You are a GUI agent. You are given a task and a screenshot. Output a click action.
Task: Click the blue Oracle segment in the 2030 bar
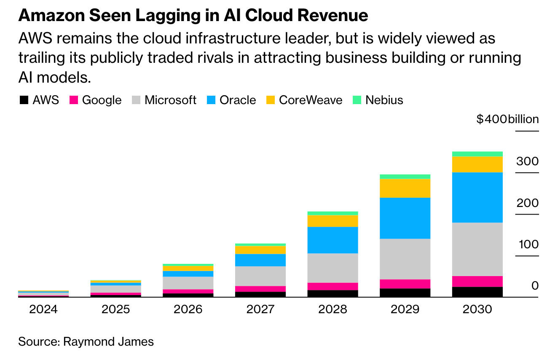pos(477,197)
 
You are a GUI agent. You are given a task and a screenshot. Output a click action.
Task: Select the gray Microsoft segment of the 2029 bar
pos(405,259)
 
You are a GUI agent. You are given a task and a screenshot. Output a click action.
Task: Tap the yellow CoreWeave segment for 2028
pos(333,221)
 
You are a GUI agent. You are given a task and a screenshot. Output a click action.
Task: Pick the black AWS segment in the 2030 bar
pos(477,292)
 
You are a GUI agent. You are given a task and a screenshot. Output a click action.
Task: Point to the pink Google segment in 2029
pos(405,284)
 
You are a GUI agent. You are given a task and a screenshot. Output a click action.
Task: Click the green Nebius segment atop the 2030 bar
pos(477,154)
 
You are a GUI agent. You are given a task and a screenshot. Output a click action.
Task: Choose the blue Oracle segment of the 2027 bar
pos(260,260)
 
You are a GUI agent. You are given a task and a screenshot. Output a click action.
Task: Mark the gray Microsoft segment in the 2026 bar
pos(188,283)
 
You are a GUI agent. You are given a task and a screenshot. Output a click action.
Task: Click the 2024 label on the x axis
pos(43,309)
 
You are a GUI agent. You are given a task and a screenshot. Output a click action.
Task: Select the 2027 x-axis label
pos(260,309)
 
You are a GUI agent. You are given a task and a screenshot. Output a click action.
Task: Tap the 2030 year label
pos(477,309)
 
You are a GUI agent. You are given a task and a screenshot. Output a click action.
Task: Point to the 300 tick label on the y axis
pos(528,161)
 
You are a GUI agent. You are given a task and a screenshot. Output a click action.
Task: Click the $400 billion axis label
pos(507,119)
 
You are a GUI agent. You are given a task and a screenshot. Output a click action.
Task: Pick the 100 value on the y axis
pos(528,244)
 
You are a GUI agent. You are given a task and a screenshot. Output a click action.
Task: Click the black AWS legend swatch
pos(24,100)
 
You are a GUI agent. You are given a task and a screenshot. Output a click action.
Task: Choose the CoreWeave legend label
pos(311,100)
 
